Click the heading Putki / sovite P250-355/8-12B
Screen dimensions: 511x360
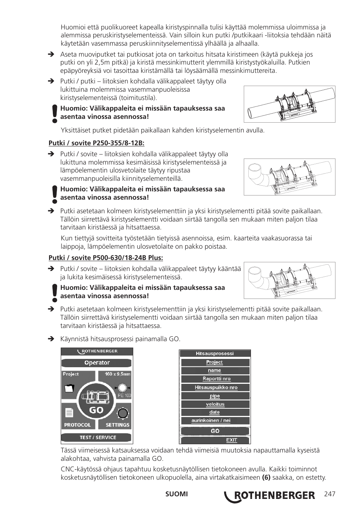(x=96, y=143)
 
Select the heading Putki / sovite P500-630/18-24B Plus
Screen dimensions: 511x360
(x=106, y=258)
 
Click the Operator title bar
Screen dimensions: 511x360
(x=97, y=363)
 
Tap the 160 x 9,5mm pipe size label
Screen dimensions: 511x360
(x=117, y=374)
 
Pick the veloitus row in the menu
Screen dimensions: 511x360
(x=215, y=404)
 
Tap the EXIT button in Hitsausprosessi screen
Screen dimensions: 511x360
(x=231, y=440)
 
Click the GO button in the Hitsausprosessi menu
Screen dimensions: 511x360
(x=215, y=431)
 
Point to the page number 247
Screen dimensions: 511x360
(x=329, y=494)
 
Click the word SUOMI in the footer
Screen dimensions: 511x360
(x=176, y=494)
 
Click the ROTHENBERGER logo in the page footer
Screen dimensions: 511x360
(x=269, y=496)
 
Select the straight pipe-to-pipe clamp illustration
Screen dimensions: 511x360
(x=289, y=104)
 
